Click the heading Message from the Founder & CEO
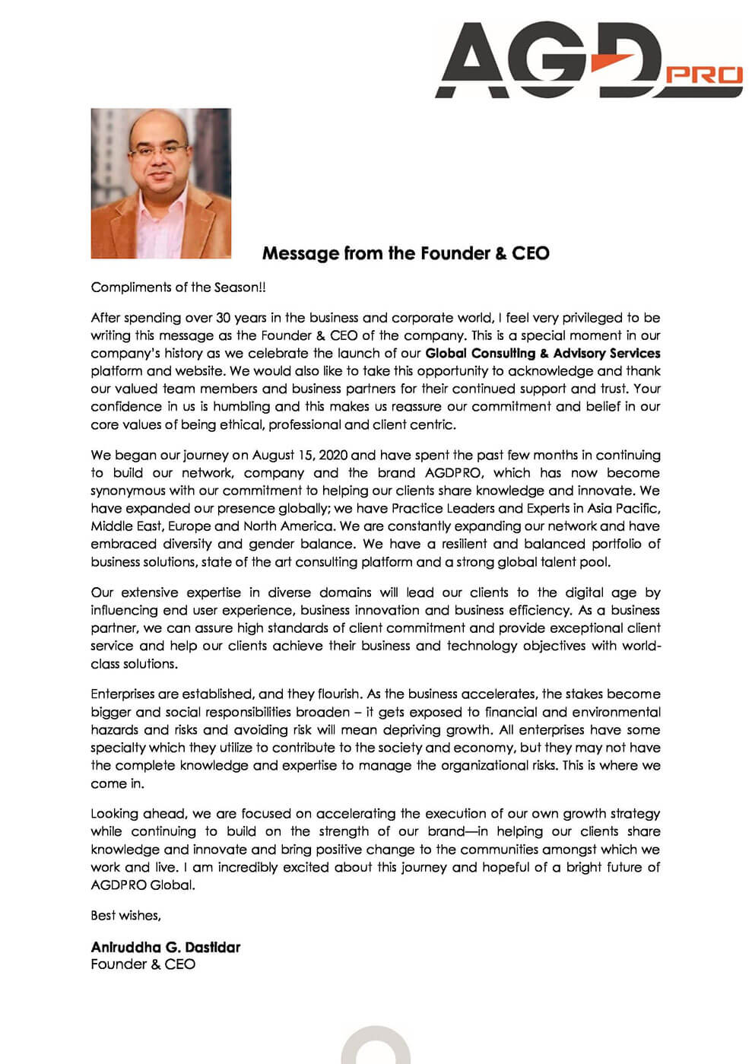(x=405, y=253)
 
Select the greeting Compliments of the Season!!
(x=179, y=287)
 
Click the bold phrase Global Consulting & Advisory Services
(x=542, y=353)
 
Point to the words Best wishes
(x=125, y=915)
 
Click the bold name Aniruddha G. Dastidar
(x=165, y=947)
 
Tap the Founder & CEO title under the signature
(x=143, y=964)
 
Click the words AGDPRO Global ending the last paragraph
(x=142, y=885)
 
